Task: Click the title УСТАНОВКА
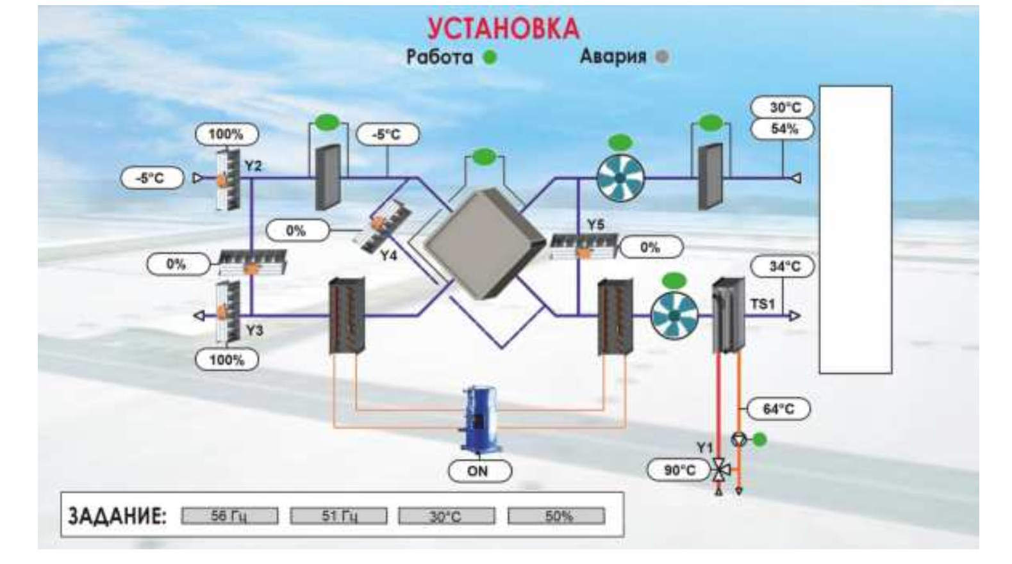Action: [503, 28]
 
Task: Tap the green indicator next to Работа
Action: [490, 57]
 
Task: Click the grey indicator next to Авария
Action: [662, 56]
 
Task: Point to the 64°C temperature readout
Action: [778, 408]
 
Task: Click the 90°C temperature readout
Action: [679, 470]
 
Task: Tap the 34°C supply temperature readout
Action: [784, 266]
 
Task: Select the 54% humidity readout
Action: [784, 129]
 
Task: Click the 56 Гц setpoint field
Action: [229, 516]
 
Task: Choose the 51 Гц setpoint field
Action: [338, 516]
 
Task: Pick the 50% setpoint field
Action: [556, 516]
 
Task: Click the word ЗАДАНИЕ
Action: [117, 516]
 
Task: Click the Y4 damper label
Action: [388, 255]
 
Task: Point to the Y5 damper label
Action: [596, 225]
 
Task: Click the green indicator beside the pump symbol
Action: [759, 440]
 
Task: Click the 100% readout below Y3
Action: [226, 360]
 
